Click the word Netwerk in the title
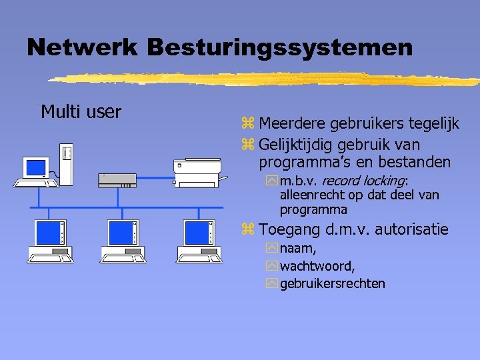tap(82, 47)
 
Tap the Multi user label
tap(81, 111)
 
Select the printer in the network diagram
tap(196, 171)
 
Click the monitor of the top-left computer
tap(36, 167)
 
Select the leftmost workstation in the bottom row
tap(51, 241)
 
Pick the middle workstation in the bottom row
tap(123, 241)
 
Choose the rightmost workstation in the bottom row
tap(199, 241)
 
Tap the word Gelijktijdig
tap(297, 144)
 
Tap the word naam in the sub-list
tap(297, 249)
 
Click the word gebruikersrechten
tap(333, 283)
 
